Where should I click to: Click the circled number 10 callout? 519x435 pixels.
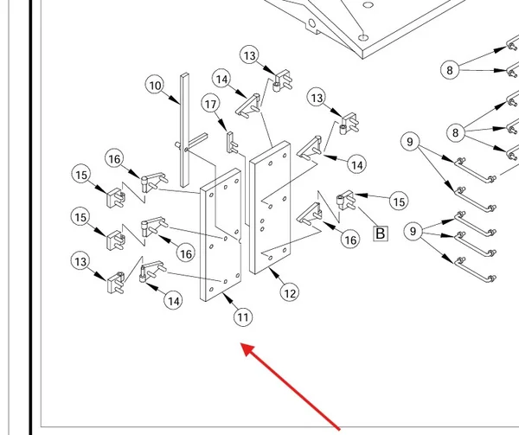(x=155, y=86)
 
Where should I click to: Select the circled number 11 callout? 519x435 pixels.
(x=243, y=317)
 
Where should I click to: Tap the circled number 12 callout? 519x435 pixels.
(x=290, y=293)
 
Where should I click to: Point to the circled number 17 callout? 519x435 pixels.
(x=210, y=104)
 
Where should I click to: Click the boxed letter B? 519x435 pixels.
(x=381, y=233)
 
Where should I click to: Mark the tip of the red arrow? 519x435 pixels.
(x=240, y=343)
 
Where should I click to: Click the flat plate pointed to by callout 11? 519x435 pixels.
(x=221, y=234)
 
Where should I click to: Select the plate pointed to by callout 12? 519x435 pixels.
(x=270, y=208)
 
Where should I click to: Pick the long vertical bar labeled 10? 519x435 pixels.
(x=184, y=130)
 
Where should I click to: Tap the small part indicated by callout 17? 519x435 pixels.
(x=231, y=143)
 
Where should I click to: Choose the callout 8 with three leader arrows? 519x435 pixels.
(x=456, y=132)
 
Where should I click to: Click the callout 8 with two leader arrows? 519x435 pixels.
(x=450, y=70)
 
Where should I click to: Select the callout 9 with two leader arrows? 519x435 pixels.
(x=410, y=142)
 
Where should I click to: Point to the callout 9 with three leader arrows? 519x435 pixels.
(x=413, y=231)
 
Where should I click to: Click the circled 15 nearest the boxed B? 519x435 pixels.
(x=399, y=202)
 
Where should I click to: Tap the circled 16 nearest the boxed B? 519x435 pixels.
(x=350, y=240)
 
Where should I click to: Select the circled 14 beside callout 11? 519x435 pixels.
(x=174, y=301)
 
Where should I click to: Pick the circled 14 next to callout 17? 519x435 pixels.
(x=221, y=79)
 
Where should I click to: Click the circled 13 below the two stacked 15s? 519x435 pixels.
(x=80, y=262)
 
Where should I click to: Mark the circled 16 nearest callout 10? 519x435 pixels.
(x=114, y=159)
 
